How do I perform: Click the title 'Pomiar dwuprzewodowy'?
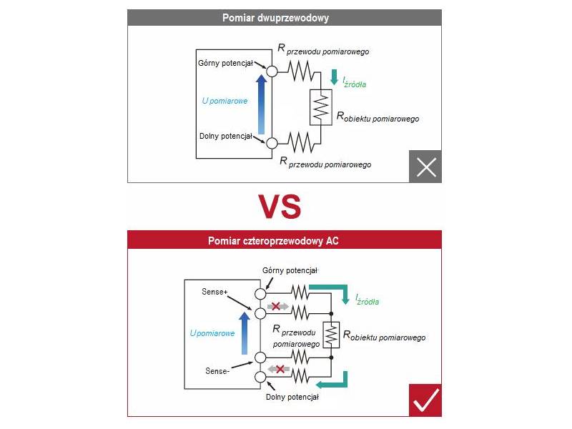pos(285,18)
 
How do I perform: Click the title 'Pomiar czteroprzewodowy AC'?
pos(285,241)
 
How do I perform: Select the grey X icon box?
pos(425,167)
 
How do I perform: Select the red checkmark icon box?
pos(425,400)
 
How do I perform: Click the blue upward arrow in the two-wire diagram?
pos(262,104)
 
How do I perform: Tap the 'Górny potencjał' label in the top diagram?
pos(226,62)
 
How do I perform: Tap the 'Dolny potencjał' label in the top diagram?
pos(226,136)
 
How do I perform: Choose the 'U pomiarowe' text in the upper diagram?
pos(225,101)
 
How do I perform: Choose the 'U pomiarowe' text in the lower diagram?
pos(212,332)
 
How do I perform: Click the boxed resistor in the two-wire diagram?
pos(321,107)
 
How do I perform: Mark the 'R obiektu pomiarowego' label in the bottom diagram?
pos(385,336)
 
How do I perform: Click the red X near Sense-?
pos(280,369)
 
